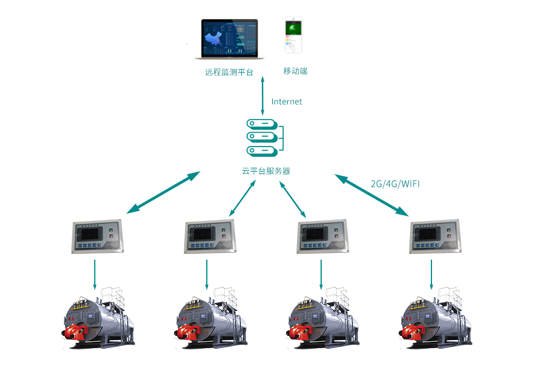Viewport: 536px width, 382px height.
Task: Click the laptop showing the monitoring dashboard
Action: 229,39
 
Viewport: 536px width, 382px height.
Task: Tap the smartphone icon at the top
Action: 293,36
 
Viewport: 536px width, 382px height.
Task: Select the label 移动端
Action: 295,71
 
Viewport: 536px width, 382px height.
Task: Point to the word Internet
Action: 287,102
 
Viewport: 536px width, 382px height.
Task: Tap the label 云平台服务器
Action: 266,171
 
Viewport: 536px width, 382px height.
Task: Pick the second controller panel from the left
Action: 210,236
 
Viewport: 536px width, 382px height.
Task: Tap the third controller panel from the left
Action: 322,236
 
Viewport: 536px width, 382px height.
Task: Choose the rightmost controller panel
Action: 434,236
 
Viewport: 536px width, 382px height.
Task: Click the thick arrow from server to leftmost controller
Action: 164,192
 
